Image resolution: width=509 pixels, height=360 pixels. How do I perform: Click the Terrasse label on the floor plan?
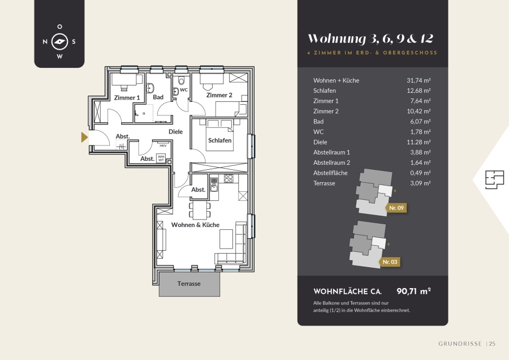(x=189, y=284)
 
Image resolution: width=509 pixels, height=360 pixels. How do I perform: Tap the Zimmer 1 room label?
(x=127, y=98)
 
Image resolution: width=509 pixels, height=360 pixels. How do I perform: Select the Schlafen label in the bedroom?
(x=220, y=140)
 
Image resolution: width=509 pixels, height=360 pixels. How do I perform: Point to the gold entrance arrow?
(x=84, y=137)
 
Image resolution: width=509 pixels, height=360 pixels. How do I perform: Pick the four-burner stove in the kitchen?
(x=228, y=178)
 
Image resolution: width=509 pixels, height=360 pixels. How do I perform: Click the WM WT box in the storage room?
(x=161, y=158)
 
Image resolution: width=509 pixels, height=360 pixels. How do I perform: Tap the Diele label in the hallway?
(x=176, y=131)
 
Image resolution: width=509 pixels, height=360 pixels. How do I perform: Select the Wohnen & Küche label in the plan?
(x=196, y=225)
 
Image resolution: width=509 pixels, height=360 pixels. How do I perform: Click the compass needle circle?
(x=60, y=41)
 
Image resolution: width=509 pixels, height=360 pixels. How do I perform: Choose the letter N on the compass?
(x=45, y=41)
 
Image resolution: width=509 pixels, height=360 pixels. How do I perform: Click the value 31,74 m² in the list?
(x=419, y=80)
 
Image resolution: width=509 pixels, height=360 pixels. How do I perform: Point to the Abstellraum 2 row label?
(x=332, y=163)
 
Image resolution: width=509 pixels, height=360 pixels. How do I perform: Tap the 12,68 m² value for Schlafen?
(x=419, y=91)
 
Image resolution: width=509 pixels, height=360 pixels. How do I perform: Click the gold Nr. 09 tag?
(x=396, y=208)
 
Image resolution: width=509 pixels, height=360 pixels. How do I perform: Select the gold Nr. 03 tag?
(x=390, y=262)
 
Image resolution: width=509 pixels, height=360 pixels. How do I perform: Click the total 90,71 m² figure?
(x=413, y=291)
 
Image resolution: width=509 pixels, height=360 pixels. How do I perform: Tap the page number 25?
(x=492, y=344)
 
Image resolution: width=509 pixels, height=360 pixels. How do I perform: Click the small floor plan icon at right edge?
(x=495, y=179)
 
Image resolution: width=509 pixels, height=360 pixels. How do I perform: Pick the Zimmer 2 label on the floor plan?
(x=219, y=95)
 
